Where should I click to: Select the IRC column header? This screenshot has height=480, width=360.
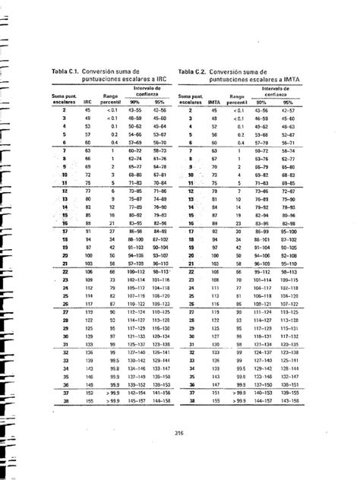tap(87, 100)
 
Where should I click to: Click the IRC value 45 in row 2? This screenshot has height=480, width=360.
tap(87, 110)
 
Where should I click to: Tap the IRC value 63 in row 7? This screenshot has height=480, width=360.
tap(87, 151)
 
